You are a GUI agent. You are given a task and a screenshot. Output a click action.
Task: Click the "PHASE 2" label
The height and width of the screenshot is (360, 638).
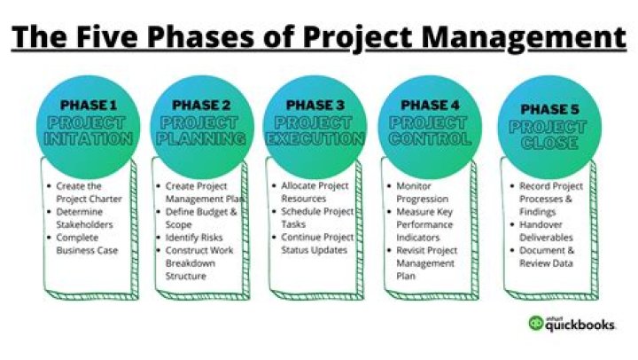point(201,105)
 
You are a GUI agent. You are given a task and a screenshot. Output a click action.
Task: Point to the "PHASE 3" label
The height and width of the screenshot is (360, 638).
point(315,105)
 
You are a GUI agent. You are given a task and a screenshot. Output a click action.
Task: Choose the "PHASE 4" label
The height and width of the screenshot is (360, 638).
point(430,105)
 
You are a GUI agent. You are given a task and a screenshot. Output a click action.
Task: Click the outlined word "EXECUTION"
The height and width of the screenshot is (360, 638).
point(315,139)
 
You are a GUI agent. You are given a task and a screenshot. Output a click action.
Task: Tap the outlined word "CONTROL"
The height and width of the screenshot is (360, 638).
point(430,139)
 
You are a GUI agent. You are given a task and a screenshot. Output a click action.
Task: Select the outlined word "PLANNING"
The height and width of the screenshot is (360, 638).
point(201,139)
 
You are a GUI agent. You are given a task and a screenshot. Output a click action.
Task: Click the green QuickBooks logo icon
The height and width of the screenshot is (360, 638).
point(535,323)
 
